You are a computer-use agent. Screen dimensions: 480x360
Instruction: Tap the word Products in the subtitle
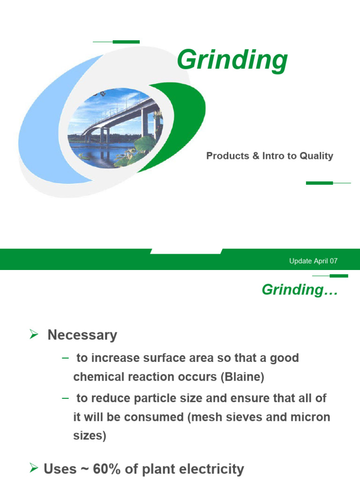227,156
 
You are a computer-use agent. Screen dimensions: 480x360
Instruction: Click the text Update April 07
313,261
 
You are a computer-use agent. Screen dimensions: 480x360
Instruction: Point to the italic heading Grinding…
300,290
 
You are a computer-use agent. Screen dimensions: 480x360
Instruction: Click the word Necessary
82,335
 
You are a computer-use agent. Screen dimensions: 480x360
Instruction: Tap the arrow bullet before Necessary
33,335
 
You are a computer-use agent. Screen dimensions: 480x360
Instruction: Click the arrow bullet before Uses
33,468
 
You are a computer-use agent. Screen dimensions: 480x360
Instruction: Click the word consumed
149,417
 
